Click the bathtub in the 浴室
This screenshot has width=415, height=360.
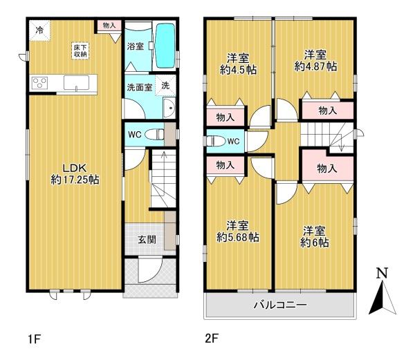[165, 46]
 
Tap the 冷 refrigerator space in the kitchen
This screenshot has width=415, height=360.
[39, 30]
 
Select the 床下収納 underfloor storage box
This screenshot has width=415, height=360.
[80, 50]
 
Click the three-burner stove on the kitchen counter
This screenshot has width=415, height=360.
[39, 83]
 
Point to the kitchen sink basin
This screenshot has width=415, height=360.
[76, 83]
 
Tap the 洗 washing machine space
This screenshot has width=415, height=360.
[165, 85]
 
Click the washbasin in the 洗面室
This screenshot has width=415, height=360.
[169, 108]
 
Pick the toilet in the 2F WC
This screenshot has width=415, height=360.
[215, 141]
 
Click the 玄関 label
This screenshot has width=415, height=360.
[147, 240]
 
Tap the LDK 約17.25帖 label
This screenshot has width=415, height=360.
[75, 173]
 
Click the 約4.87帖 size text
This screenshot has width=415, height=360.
[315, 66]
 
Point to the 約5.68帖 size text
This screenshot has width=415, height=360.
[238, 238]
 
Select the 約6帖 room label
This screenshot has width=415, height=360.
[315, 243]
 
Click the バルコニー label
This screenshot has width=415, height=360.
[280, 305]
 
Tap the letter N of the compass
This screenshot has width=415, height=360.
[382, 274]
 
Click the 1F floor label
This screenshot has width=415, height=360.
[34, 339]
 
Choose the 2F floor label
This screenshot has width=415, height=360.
[212, 339]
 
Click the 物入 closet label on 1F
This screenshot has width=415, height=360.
[109, 26]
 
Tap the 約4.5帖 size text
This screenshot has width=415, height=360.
[238, 70]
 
